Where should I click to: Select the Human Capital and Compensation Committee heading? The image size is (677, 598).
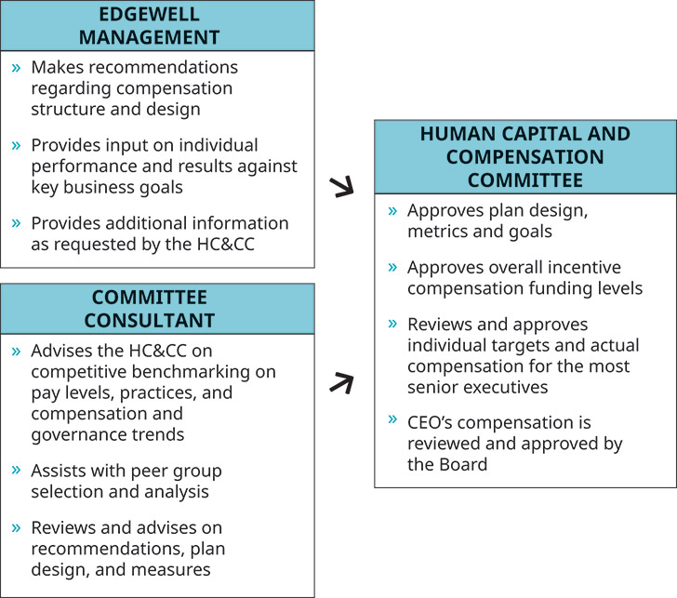pos(524,156)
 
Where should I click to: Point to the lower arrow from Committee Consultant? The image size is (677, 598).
pos(343,381)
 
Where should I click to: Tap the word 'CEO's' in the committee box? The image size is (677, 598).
pos(432,421)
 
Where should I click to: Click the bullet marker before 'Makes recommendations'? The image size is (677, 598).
pos(17,68)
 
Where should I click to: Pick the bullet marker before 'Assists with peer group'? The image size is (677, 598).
pos(17,471)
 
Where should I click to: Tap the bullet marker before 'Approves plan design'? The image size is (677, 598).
pos(393,212)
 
